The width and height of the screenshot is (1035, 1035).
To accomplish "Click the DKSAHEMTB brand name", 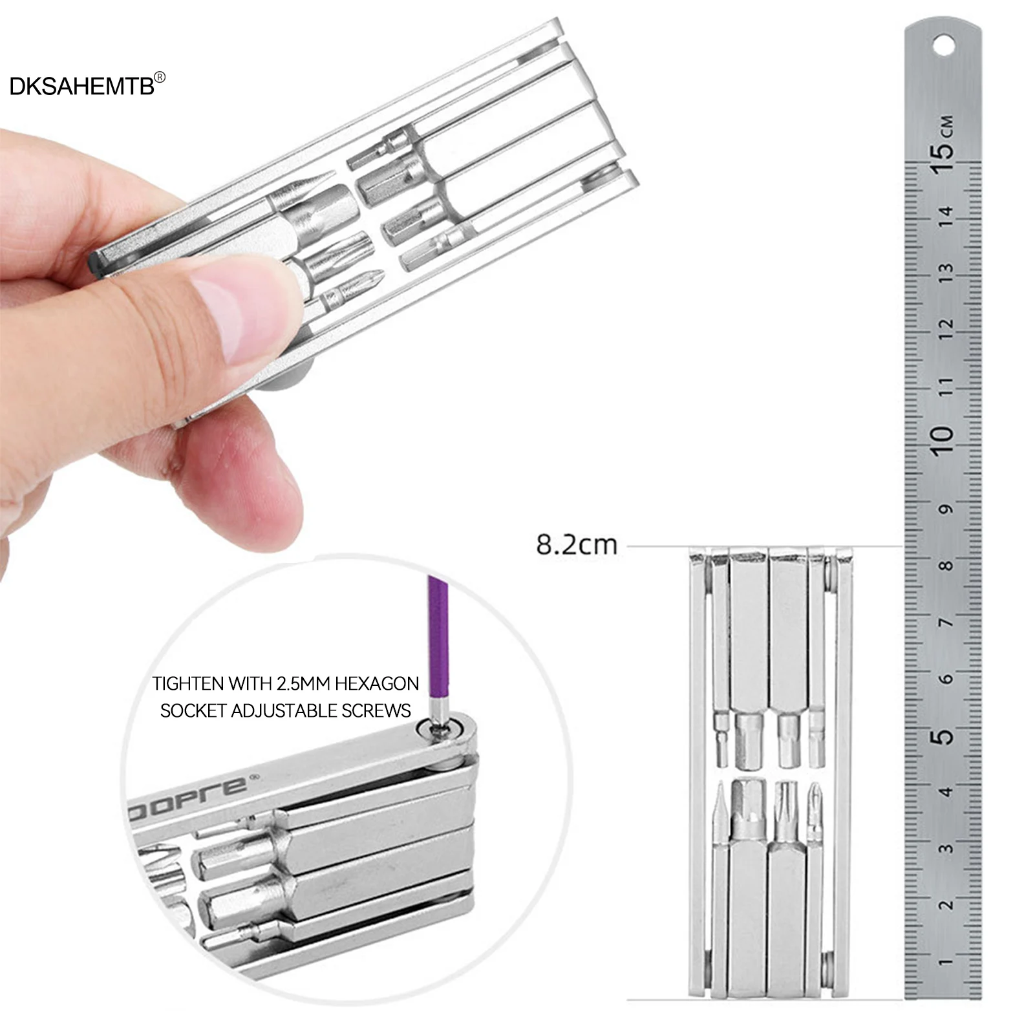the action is click(x=82, y=86).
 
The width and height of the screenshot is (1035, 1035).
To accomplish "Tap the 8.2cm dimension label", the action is click(x=577, y=544).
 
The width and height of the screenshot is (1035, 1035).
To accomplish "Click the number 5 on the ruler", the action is click(x=944, y=736).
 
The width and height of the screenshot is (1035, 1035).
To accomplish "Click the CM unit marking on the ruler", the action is click(x=946, y=123).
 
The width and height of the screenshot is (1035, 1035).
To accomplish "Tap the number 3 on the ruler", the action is click(x=946, y=849).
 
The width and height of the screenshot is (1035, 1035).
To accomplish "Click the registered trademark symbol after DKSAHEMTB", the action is click(x=160, y=77).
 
